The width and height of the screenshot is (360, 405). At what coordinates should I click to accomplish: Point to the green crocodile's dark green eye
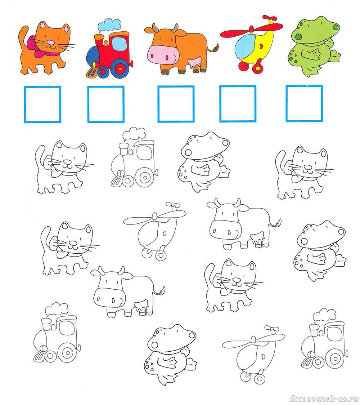[336, 27]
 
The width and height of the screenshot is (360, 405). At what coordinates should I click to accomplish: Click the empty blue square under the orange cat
[42, 104]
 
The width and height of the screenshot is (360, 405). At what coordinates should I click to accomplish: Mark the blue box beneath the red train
[106, 104]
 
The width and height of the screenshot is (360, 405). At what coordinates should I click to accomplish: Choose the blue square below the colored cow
[176, 104]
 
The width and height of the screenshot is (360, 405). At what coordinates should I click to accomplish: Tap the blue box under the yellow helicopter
[238, 103]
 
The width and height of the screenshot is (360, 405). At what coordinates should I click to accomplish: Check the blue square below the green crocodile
[304, 103]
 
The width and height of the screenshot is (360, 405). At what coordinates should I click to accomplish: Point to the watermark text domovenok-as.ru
[324, 398]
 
